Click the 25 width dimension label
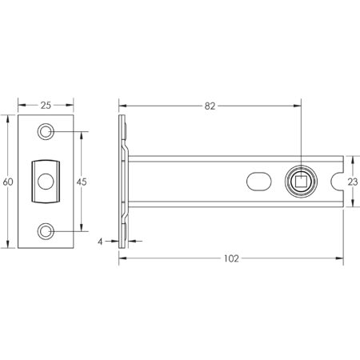[46, 105]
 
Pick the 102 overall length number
[232, 258]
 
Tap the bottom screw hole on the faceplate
[46, 232]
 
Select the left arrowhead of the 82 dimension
[122, 105]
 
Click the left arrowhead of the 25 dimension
[20, 105]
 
